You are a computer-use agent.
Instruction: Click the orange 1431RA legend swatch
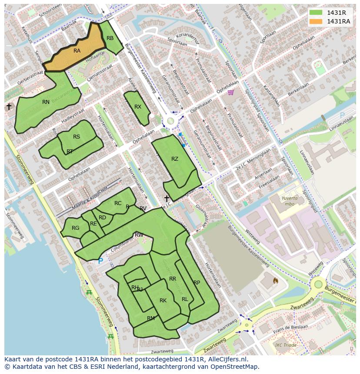point(316,21)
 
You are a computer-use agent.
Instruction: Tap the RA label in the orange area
point(77,51)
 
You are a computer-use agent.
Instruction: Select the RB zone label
point(110,38)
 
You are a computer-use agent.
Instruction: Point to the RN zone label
point(46,102)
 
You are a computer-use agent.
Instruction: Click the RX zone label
point(138,107)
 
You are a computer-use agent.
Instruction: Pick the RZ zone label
point(175,159)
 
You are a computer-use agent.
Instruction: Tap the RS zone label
point(77,137)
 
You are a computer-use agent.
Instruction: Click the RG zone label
point(76,228)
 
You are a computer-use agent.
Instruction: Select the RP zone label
point(197,283)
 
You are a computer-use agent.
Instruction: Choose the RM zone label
point(151,318)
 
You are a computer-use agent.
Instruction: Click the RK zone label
point(163,301)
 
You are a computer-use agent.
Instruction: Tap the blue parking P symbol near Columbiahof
point(100,261)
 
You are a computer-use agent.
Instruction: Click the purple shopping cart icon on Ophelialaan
point(230,92)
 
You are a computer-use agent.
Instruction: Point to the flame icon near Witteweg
point(275,281)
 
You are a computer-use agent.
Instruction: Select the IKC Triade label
point(286,345)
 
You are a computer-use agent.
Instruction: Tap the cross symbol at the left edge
point(9,106)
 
